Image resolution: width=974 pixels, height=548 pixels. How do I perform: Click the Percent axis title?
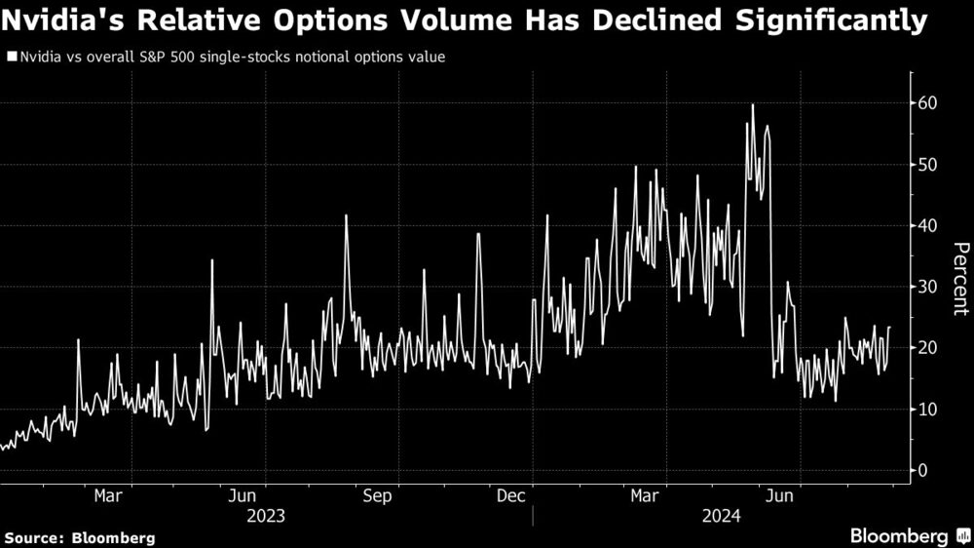click(x=959, y=279)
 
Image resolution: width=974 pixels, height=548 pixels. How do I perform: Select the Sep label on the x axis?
click(x=377, y=496)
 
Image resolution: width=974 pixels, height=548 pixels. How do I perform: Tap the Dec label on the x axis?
click(x=511, y=496)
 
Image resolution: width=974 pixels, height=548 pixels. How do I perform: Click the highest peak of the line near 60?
click(x=752, y=105)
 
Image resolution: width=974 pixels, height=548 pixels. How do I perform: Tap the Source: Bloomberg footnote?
click(x=80, y=537)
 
